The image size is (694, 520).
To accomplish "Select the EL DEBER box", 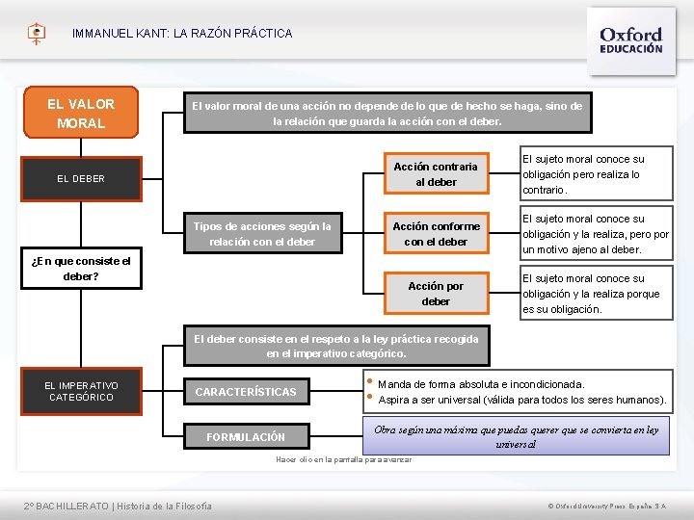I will coord(81,178).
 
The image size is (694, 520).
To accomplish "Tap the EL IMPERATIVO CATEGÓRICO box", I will coord(81,391).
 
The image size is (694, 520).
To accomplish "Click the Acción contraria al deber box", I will coord(435,174).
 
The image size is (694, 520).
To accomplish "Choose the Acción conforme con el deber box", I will coord(435,234).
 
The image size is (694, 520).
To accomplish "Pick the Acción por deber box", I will coord(435,294).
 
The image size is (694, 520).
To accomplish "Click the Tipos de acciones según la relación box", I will coord(261,234).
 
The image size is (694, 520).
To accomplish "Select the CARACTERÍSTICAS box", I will coord(246,391).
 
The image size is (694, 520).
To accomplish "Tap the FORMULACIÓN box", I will coord(246,436).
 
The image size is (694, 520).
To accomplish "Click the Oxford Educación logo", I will coord(631,39).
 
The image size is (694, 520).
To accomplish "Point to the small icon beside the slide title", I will coord(37,34).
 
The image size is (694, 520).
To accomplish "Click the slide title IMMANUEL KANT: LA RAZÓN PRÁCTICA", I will coord(182,34).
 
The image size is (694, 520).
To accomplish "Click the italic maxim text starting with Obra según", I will coord(516,437).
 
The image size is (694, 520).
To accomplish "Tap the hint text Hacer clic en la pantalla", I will coord(343,460).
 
